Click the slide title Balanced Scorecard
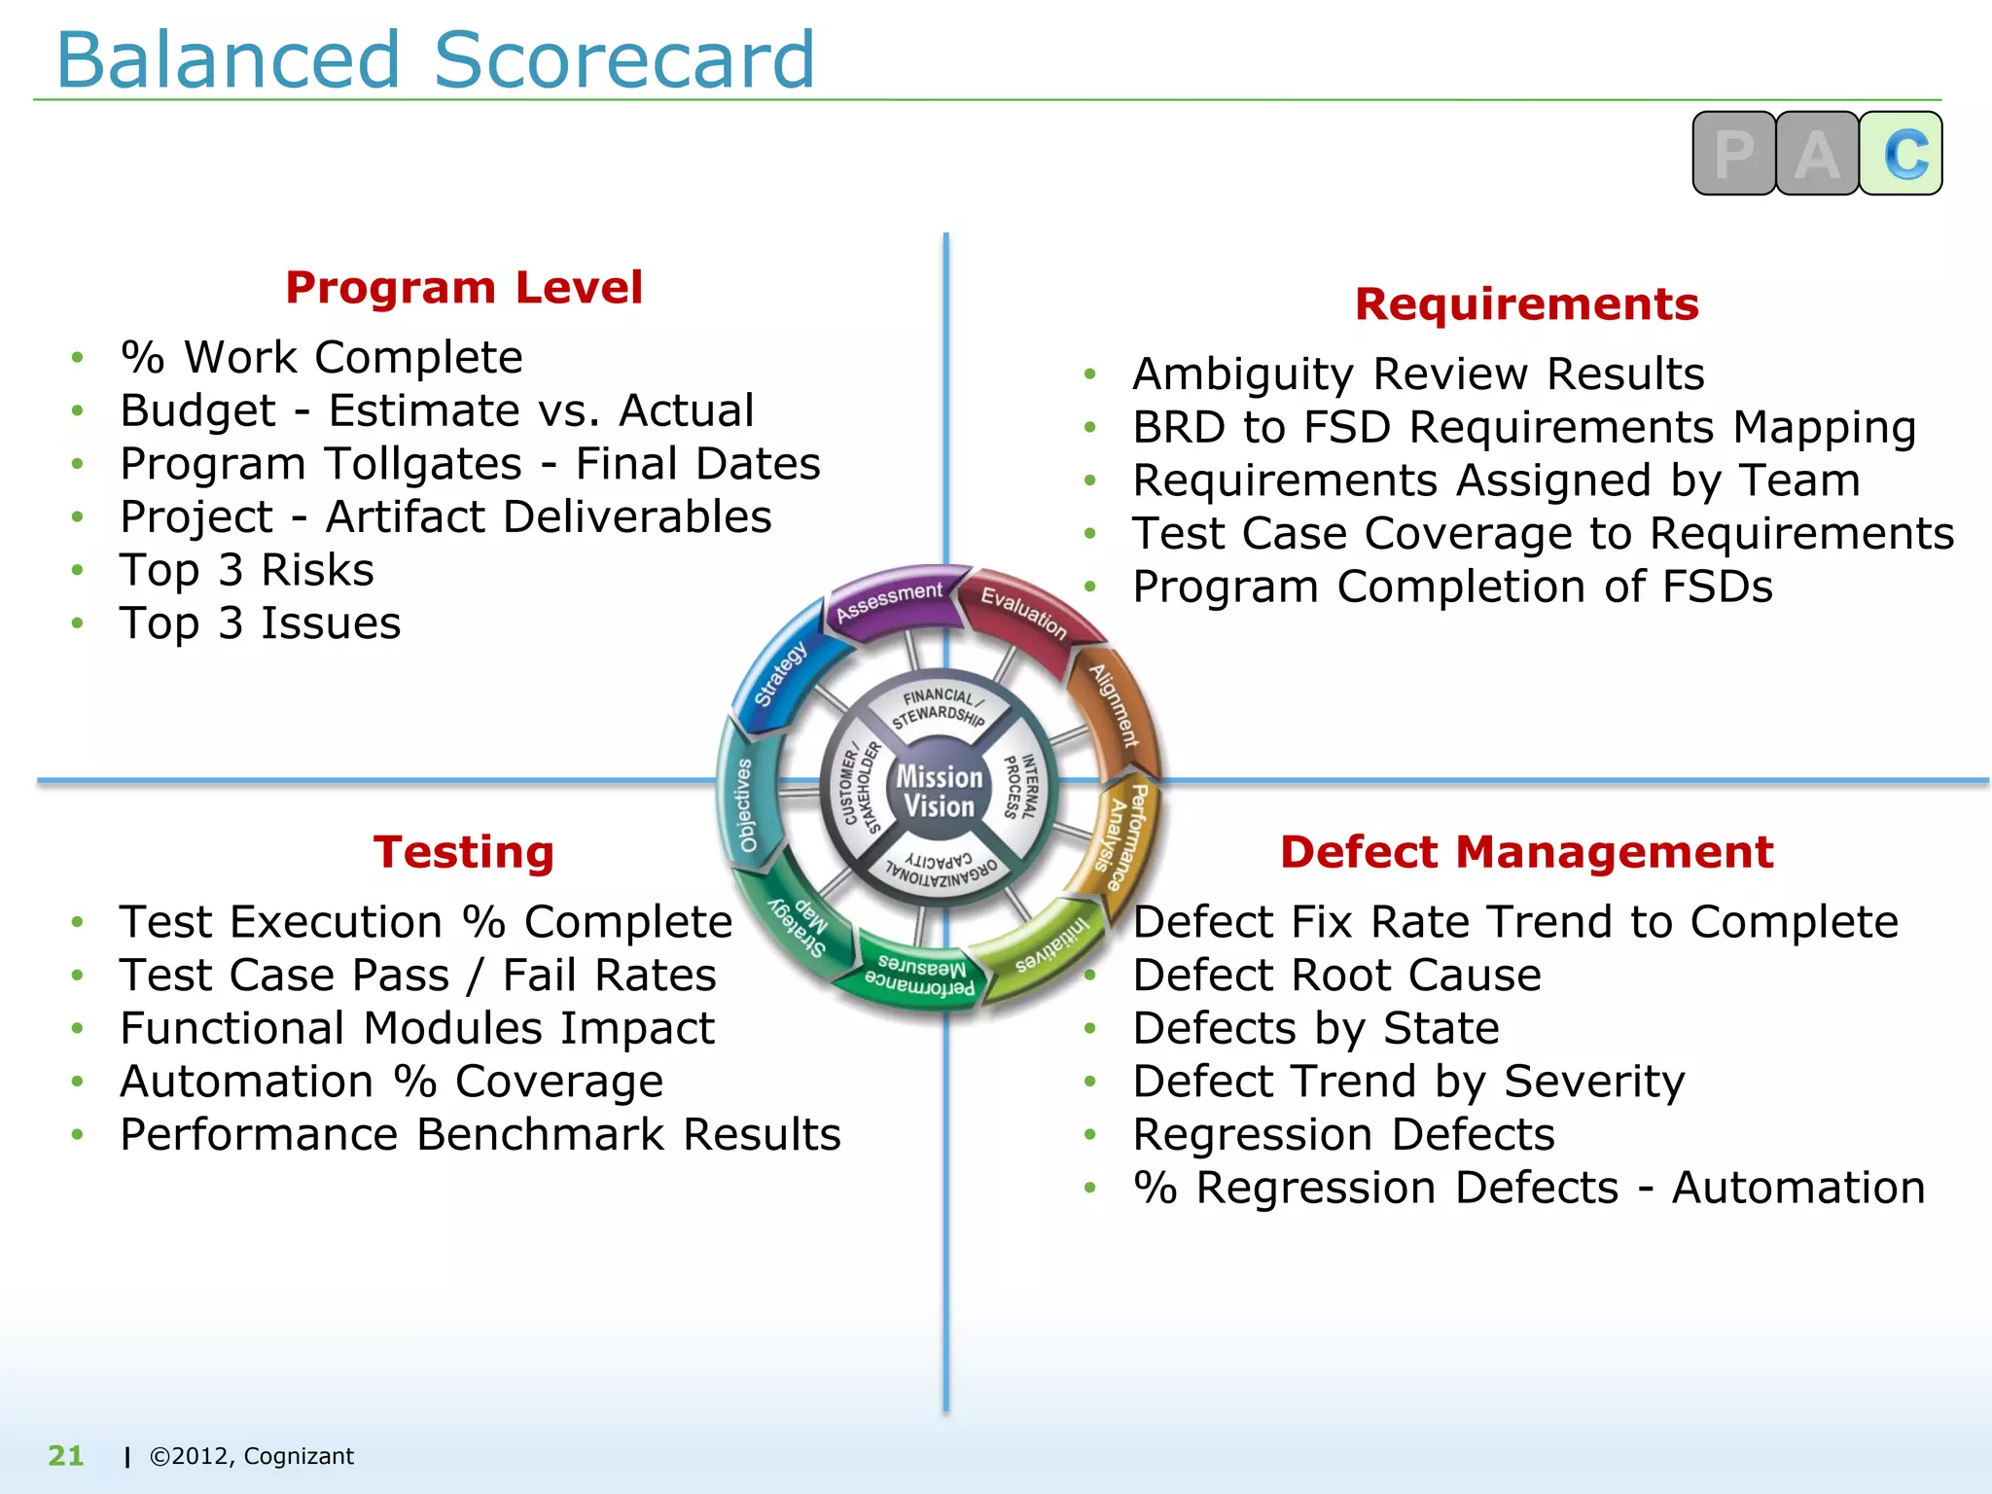tap(435, 60)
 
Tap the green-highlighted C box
tap(1901, 154)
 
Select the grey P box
tap(1733, 154)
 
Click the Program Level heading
tap(464, 288)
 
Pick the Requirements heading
tap(1526, 304)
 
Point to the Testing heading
tap(464, 852)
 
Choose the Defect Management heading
tap(1526, 852)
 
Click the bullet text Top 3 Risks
tap(247, 570)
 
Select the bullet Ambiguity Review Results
tap(1418, 374)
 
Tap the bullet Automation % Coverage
tap(391, 1082)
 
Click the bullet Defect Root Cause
tap(1337, 976)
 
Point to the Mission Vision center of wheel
tap(939, 791)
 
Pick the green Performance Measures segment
tap(918, 976)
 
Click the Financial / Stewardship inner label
tap(940, 707)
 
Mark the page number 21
tap(66, 1456)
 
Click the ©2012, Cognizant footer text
tap(251, 1456)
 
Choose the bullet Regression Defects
tap(1343, 1135)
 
